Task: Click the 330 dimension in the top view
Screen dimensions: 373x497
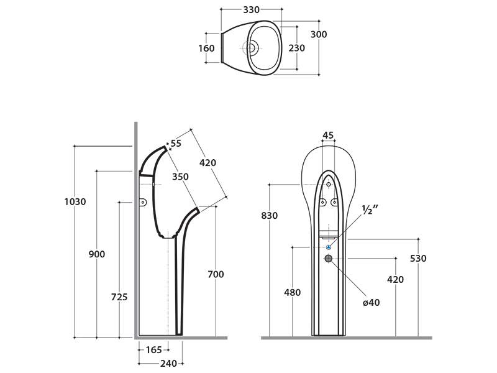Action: [251, 10]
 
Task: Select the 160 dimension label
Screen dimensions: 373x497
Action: [206, 48]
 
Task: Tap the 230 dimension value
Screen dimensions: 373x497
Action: [297, 48]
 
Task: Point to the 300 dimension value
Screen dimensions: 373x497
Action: [319, 35]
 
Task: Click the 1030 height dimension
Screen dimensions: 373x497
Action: [75, 201]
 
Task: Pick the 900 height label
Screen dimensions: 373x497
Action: [97, 254]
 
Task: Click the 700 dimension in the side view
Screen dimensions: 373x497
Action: [216, 274]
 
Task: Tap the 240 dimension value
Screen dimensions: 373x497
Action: [168, 364]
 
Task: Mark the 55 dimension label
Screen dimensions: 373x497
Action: [176, 144]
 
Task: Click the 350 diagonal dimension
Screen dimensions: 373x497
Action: [180, 177]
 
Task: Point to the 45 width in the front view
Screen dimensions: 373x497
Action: [329, 135]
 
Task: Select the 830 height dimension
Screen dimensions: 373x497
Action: [270, 216]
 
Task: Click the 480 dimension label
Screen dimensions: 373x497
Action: [292, 293]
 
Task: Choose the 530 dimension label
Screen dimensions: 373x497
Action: [418, 259]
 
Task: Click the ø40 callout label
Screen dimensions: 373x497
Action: [370, 303]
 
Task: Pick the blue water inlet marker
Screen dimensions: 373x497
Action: [329, 247]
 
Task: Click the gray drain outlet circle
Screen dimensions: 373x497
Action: [329, 258]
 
